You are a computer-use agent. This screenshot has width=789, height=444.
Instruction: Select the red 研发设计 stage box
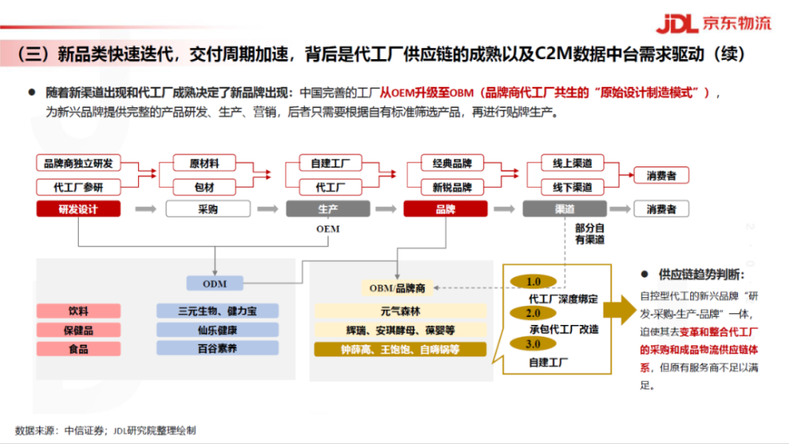click(x=78, y=209)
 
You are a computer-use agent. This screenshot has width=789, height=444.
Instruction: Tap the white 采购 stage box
click(x=208, y=209)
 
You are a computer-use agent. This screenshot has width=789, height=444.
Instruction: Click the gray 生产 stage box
click(x=328, y=209)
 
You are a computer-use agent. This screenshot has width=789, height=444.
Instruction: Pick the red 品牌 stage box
click(x=445, y=209)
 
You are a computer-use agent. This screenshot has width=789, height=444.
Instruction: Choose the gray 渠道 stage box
click(x=565, y=209)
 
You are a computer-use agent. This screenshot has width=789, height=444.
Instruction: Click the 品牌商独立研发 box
click(x=78, y=163)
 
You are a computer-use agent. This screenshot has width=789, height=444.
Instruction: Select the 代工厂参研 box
click(x=78, y=187)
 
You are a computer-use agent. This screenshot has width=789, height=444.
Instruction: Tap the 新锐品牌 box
click(x=452, y=187)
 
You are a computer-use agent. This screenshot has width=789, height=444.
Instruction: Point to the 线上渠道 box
click(x=572, y=163)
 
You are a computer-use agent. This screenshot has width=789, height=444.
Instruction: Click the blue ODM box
click(x=215, y=284)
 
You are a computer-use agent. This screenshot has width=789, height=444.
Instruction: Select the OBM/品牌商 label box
click(x=397, y=288)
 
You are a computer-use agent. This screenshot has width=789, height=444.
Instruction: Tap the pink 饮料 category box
click(x=78, y=311)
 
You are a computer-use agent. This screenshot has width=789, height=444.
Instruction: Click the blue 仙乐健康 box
click(x=218, y=330)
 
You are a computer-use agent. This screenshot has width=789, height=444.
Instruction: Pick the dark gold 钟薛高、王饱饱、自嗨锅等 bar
click(x=400, y=349)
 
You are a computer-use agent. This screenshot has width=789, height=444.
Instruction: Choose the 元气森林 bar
click(x=400, y=311)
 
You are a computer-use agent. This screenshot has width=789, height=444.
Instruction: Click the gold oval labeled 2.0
click(x=533, y=313)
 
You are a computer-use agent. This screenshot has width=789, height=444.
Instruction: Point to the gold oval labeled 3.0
click(x=533, y=344)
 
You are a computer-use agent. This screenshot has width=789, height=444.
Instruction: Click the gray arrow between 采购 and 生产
click(x=267, y=209)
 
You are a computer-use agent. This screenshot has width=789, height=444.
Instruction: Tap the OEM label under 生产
click(x=328, y=229)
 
